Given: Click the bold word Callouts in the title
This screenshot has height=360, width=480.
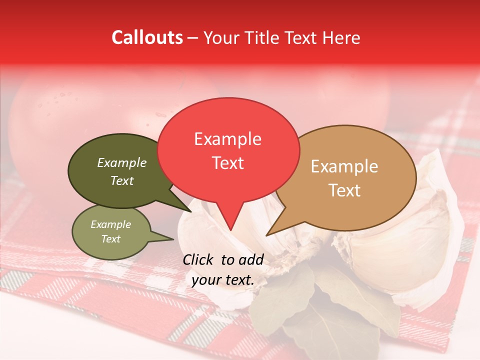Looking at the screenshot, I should coord(147,37).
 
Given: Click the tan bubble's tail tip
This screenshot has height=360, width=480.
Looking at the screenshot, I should coord(266,235).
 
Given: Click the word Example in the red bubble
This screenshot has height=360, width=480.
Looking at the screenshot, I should coord(228,139).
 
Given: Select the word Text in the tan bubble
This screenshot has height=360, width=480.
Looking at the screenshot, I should coord(344,190).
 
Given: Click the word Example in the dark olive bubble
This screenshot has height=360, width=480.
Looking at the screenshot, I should coord(122,163).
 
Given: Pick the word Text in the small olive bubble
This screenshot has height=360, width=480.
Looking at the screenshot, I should coord(110,239).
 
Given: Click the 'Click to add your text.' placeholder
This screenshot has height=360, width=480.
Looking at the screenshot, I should coord(223,269).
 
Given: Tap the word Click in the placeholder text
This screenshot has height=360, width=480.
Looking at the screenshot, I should coord(199,259).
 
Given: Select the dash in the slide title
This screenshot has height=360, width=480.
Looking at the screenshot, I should coord(193,37).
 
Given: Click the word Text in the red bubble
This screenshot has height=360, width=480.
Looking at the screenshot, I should coord(228,163).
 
